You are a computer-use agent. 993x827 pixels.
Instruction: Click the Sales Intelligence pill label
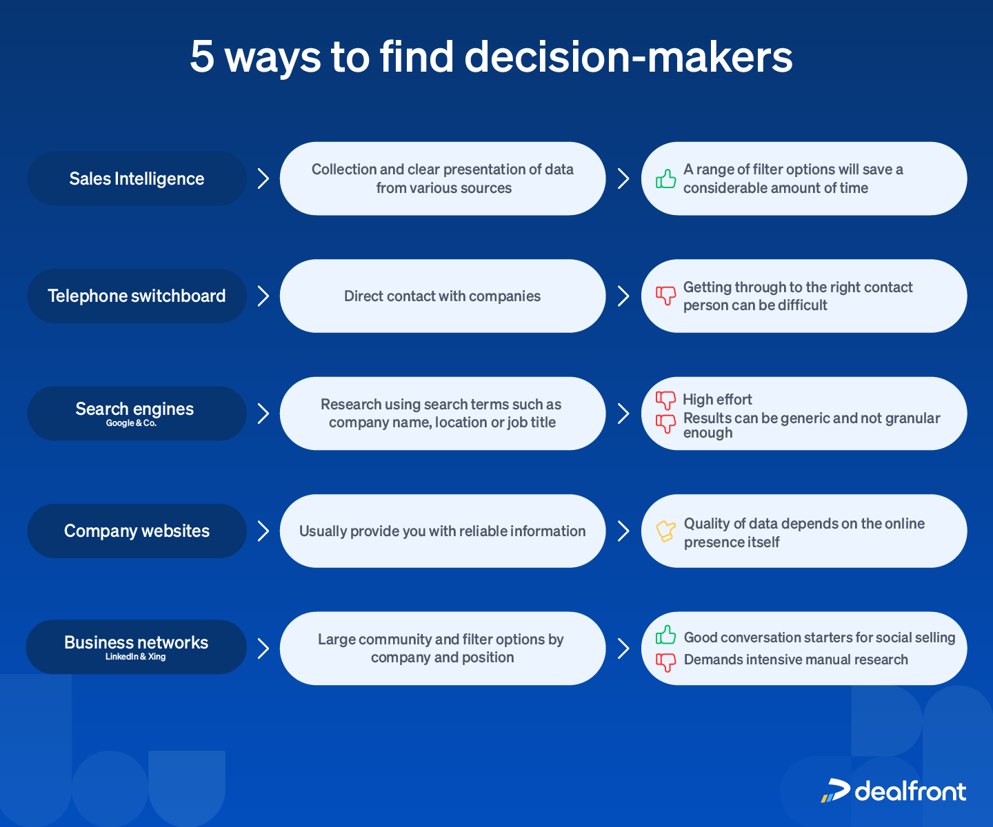pyautogui.click(x=137, y=178)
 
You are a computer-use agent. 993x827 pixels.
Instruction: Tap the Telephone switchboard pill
pyautogui.click(x=137, y=296)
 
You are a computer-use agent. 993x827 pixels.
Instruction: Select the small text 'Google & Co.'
pyautogui.click(x=131, y=423)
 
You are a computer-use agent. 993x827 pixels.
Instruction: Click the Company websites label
pyautogui.click(x=137, y=531)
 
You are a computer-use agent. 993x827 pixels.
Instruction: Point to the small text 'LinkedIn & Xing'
pyautogui.click(x=135, y=657)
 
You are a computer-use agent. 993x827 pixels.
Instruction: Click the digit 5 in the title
pyautogui.click(x=202, y=57)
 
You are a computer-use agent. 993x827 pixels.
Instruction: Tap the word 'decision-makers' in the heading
pyautogui.click(x=628, y=57)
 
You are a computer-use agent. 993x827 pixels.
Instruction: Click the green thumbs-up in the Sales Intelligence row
pyautogui.click(x=665, y=179)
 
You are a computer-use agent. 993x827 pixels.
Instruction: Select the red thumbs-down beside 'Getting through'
pyautogui.click(x=665, y=296)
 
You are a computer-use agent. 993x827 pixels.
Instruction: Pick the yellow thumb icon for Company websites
pyautogui.click(x=665, y=531)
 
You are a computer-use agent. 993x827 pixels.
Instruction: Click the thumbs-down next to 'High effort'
pyautogui.click(x=665, y=400)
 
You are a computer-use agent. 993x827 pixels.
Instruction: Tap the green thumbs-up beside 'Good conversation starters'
pyautogui.click(x=665, y=635)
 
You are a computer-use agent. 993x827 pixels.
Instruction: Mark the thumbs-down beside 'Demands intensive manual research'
pyautogui.click(x=665, y=662)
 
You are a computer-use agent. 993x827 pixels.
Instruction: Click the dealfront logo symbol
pyautogui.click(x=835, y=790)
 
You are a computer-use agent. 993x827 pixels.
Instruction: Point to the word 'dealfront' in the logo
pyautogui.click(x=910, y=791)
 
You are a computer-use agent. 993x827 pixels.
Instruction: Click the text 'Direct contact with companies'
pyautogui.click(x=442, y=296)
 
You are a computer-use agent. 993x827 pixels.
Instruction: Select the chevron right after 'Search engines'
pyautogui.click(x=263, y=413)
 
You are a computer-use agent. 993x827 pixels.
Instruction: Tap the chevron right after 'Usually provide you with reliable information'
pyautogui.click(x=623, y=531)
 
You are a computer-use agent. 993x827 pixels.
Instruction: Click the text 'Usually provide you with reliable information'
pyautogui.click(x=442, y=531)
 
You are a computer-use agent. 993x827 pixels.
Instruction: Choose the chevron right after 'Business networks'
pyautogui.click(x=263, y=649)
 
